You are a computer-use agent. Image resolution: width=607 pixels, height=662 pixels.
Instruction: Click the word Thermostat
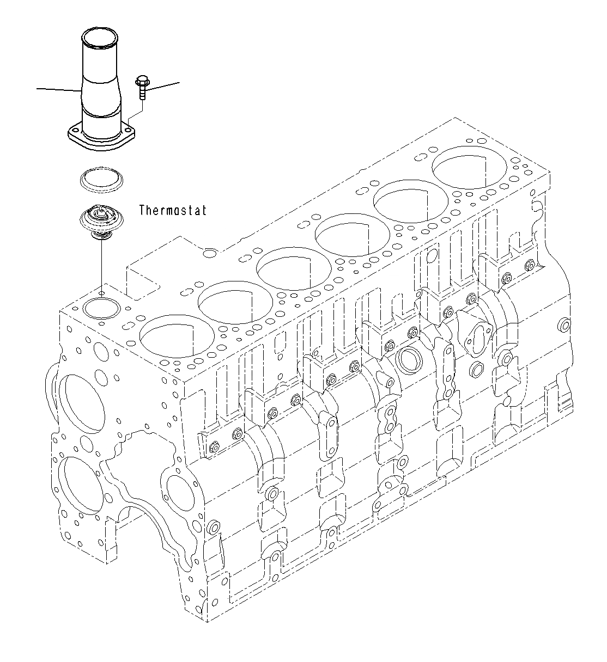[x=173, y=210]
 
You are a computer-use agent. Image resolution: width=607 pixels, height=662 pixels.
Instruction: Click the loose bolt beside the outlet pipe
[x=141, y=87]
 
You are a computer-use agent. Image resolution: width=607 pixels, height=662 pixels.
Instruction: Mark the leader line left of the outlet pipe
[x=57, y=89]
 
